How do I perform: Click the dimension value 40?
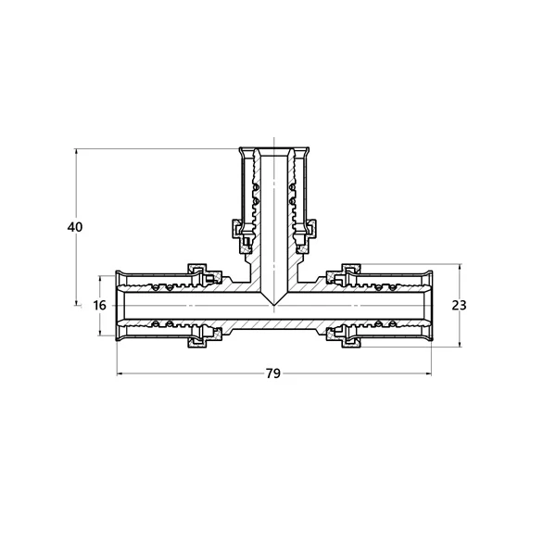click(x=75, y=227)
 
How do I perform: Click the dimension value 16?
click(x=100, y=305)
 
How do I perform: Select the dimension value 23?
click(x=460, y=305)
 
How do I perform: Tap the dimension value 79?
click(x=273, y=373)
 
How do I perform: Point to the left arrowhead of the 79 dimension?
click(x=120, y=373)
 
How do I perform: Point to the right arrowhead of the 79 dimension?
click(x=429, y=373)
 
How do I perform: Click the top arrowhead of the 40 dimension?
click(x=76, y=152)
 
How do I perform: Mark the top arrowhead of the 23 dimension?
click(x=460, y=267)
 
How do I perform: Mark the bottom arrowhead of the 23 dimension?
click(x=460, y=344)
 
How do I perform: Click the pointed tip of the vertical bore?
click(x=273, y=305)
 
